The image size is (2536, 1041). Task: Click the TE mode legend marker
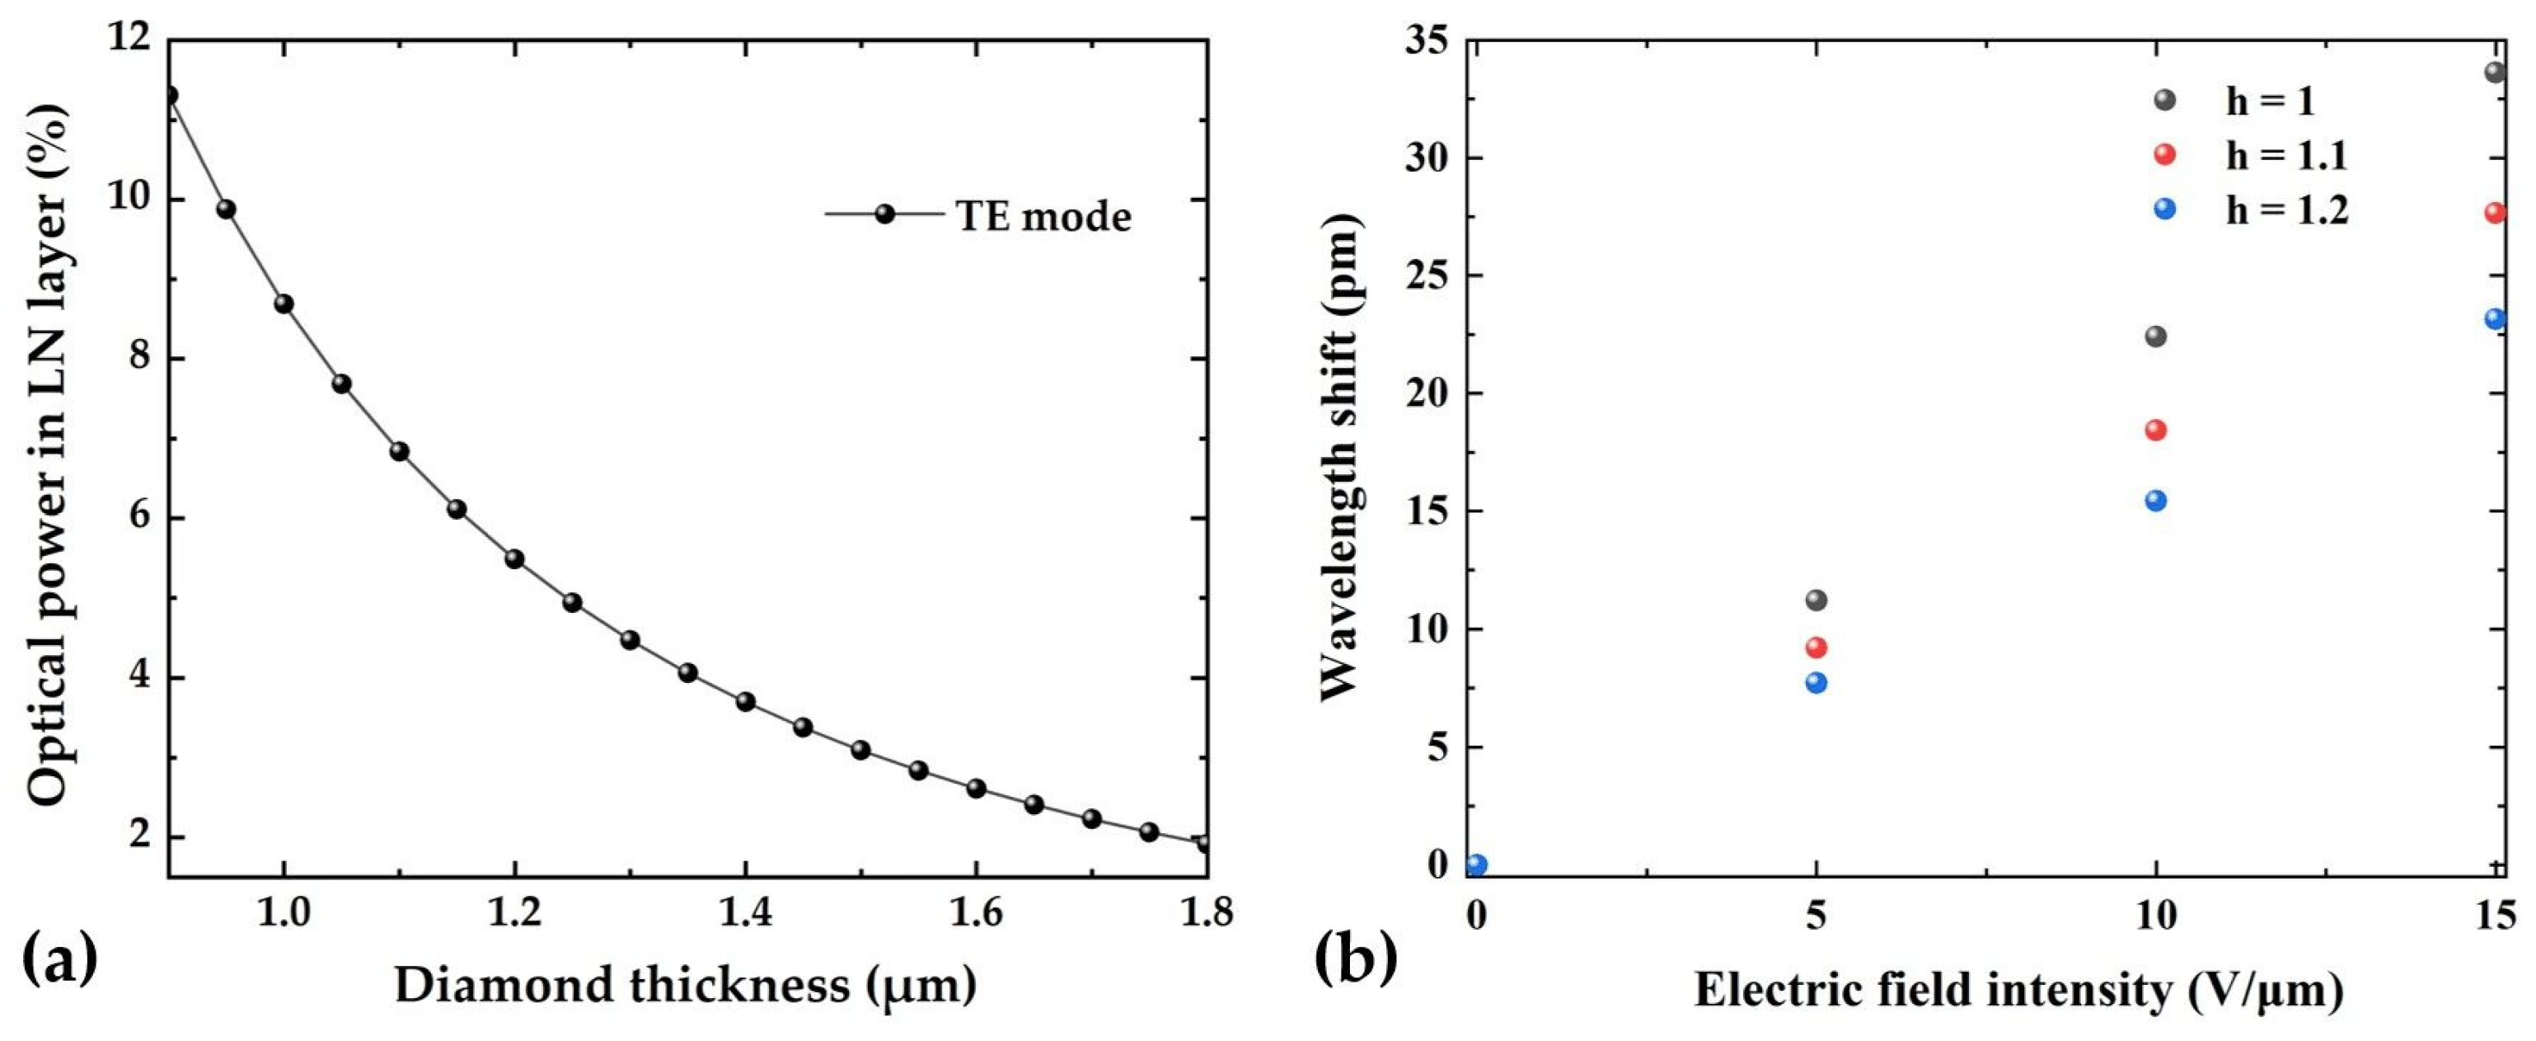884,214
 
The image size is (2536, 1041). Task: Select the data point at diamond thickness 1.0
284,304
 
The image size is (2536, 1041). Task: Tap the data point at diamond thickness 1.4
745,701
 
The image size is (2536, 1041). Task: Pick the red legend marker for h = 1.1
2163,153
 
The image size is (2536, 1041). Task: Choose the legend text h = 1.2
2286,210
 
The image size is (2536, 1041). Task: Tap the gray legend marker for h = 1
2163,100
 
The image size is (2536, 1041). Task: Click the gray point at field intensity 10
2155,336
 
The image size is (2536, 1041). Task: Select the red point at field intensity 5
1816,647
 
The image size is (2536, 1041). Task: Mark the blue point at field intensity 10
2155,501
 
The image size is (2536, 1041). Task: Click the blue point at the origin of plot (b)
1476,864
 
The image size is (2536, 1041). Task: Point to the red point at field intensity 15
2495,213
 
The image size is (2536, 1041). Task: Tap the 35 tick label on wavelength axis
1427,41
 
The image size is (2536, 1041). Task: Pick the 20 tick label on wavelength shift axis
1427,393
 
